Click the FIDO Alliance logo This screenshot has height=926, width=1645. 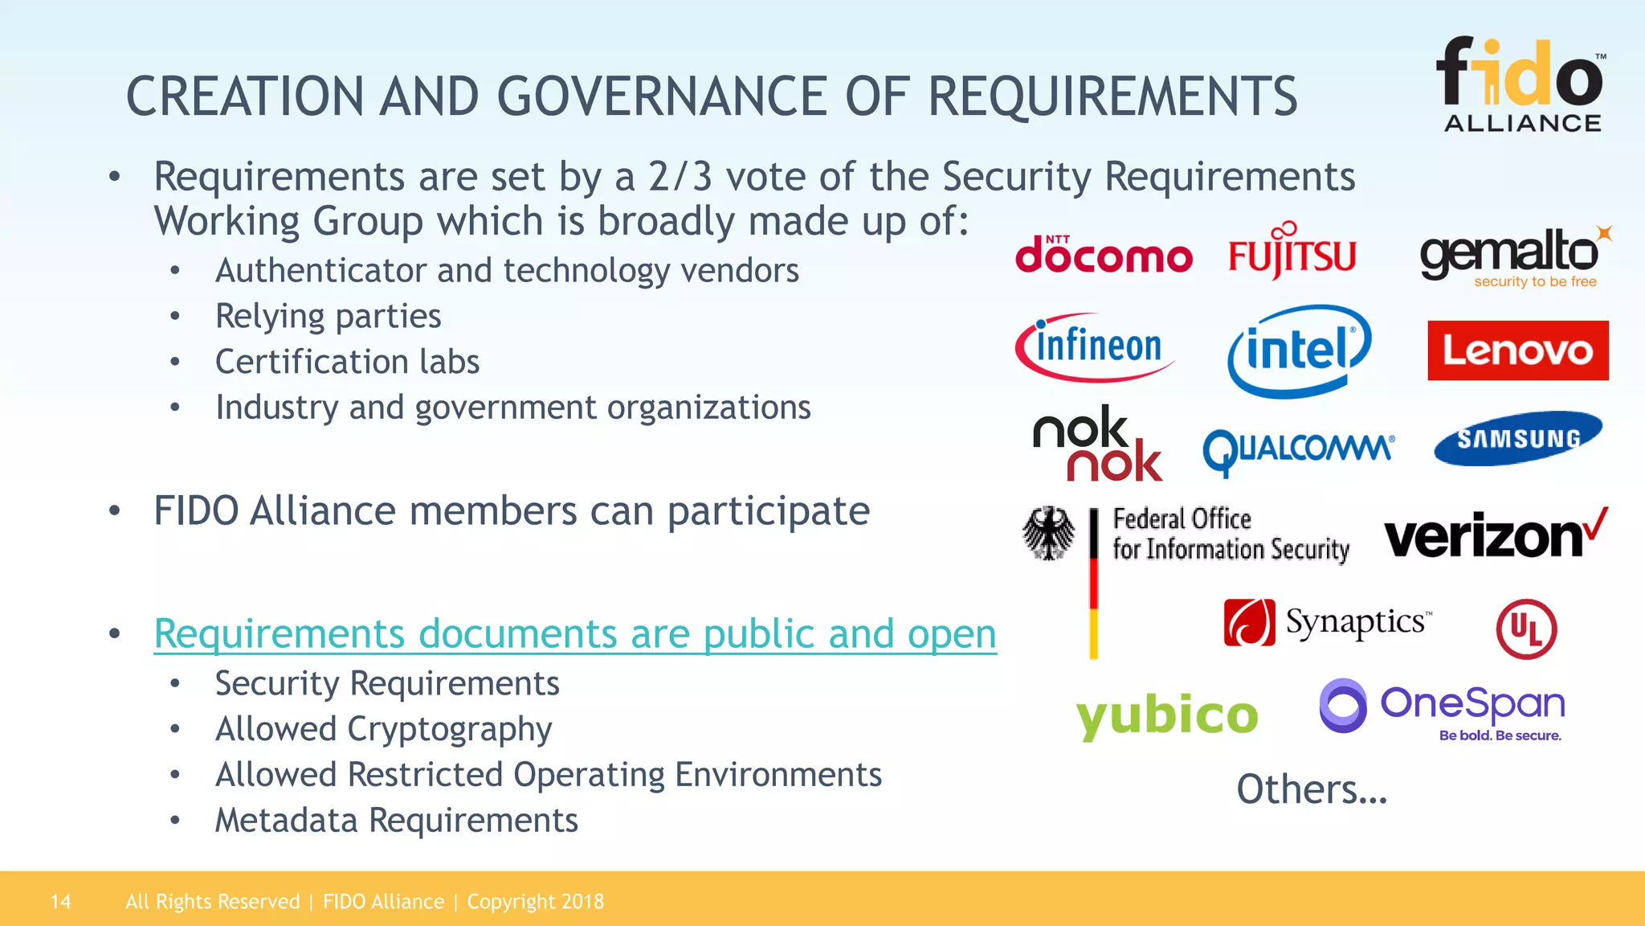click(1521, 84)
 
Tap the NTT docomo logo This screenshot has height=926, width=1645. click(1103, 255)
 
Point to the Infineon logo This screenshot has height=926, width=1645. click(1094, 347)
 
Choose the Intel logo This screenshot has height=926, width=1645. click(1299, 350)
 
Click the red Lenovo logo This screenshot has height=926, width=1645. click(1517, 350)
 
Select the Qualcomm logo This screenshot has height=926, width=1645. click(1298, 449)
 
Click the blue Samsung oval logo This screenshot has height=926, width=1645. click(1517, 438)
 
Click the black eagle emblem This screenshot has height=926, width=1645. click(1048, 533)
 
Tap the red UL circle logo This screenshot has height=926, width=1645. click(1526, 629)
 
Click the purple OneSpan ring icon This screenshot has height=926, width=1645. click(1342, 706)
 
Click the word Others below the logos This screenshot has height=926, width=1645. click(1311, 789)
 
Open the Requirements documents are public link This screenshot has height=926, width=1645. click(574, 633)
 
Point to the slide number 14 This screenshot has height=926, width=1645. click(60, 902)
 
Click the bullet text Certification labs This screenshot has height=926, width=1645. click(347, 362)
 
